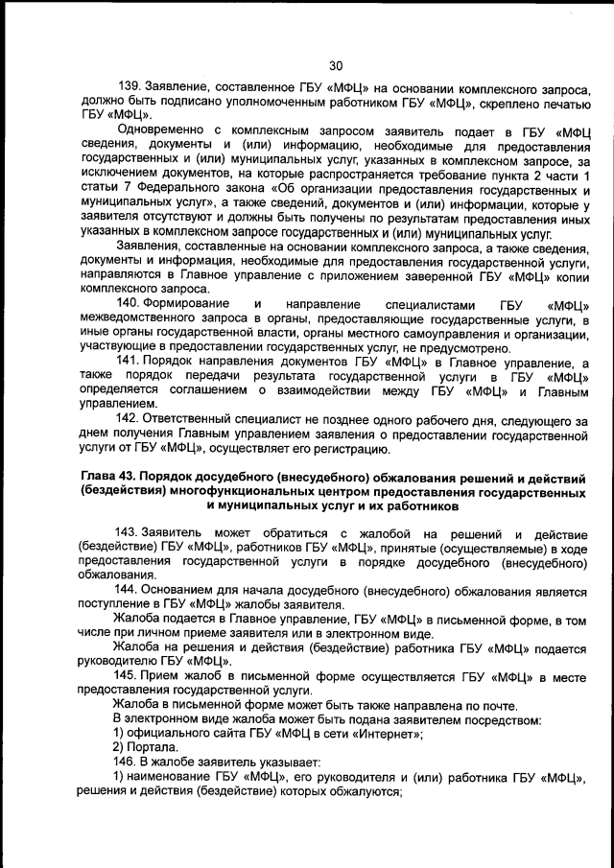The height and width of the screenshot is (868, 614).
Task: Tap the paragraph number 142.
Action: click(128, 419)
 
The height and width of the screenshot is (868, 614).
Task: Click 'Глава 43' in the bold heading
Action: click(105, 476)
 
